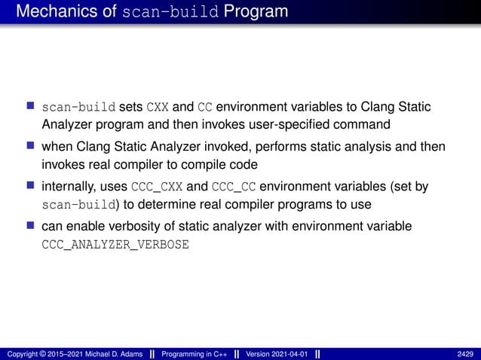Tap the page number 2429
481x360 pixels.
point(466,354)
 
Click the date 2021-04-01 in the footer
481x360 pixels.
point(290,354)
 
